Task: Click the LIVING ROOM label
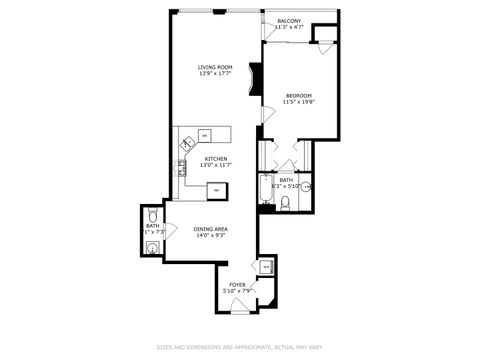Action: (214, 67)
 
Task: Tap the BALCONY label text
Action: (288, 20)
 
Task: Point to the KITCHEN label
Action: (215, 158)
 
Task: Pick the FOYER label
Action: (237, 284)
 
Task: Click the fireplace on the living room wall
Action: (256, 79)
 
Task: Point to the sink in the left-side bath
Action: (150, 247)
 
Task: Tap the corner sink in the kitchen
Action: (186, 141)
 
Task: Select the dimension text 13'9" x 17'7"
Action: (214, 74)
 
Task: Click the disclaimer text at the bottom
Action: (239, 347)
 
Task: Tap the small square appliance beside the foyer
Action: (265, 267)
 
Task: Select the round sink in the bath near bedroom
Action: (307, 186)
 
